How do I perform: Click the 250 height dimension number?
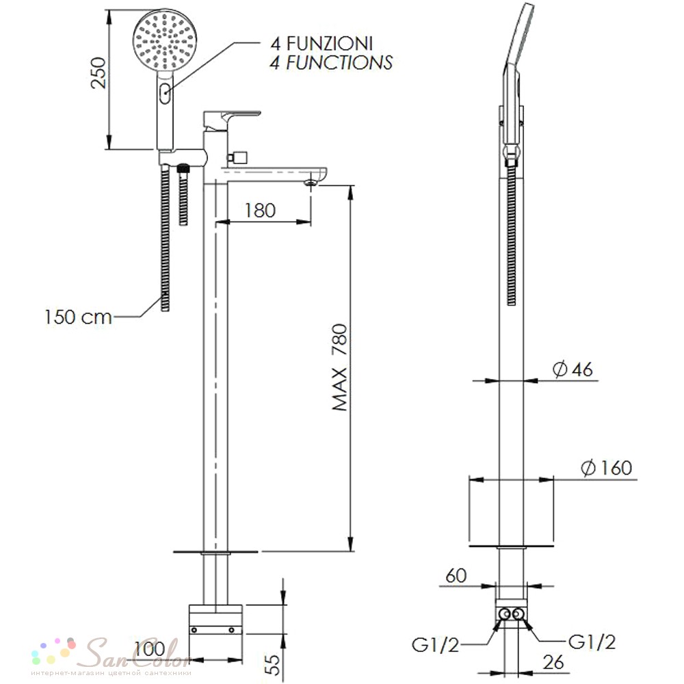(98, 73)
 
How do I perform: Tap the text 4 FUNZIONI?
(321, 44)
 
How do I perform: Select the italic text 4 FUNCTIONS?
(331, 62)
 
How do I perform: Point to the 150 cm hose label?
(78, 317)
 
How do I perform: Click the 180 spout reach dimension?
(260, 210)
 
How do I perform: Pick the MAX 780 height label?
(339, 367)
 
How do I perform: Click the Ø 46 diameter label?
(573, 370)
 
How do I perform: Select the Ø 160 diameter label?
(606, 468)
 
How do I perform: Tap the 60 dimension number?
(456, 576)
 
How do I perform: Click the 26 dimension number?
(553, 662)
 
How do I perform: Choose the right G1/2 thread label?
(592, 642)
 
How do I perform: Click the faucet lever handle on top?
(232, 120)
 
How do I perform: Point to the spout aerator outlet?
(311, 182)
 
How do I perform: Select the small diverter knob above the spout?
(238, 157)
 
